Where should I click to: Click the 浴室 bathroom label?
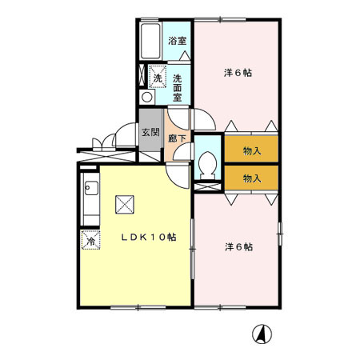tap(177, 41)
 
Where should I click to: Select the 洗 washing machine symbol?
tap(158, 78)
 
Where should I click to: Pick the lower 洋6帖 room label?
tap(238, 247)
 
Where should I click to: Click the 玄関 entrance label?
tap(150, 133)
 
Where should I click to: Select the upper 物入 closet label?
tap(251, 150)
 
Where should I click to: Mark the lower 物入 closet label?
tap(251, 177)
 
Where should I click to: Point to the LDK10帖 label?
tap(148, 238)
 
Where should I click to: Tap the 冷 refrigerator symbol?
tap(90, 240)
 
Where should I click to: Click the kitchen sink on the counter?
tap(90, 190)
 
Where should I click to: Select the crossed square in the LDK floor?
tap(125, 205)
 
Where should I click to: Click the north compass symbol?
tap(261, 334)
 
